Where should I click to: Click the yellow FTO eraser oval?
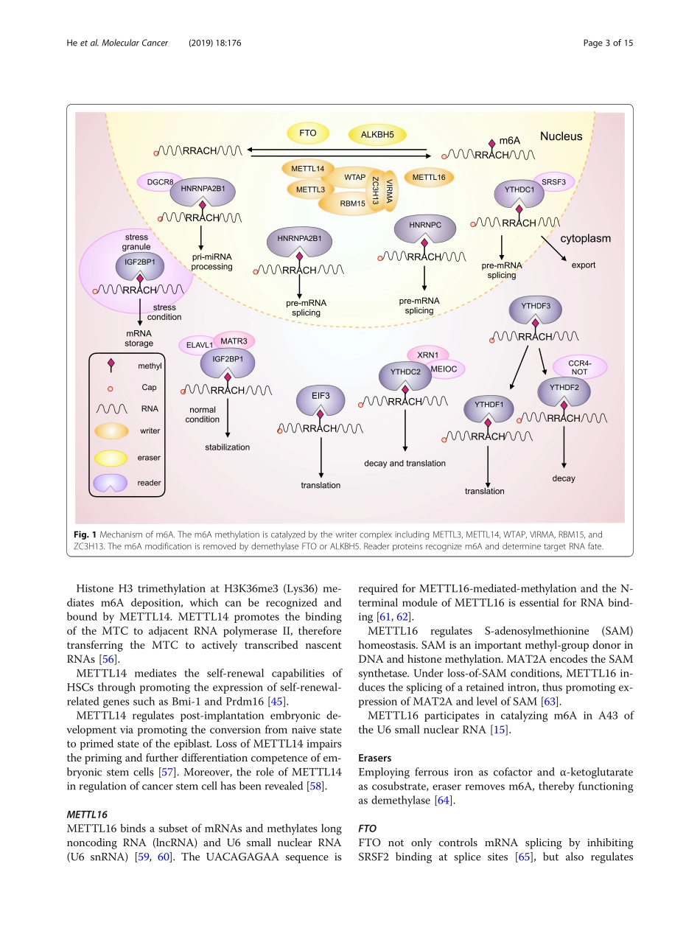(308, 134)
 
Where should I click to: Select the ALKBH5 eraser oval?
(377, 135)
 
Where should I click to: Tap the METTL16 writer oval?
(429, 177)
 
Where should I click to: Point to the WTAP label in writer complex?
(354, 178)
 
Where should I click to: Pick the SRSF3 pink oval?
(553, 181)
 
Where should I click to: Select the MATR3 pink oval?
(233, 341)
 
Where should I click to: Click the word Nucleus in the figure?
(561, 136)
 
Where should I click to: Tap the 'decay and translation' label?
(405, 463)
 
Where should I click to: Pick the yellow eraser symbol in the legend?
(110, 457)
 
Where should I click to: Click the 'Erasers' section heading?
(374, 758)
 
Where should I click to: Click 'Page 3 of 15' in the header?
(607, 43)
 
